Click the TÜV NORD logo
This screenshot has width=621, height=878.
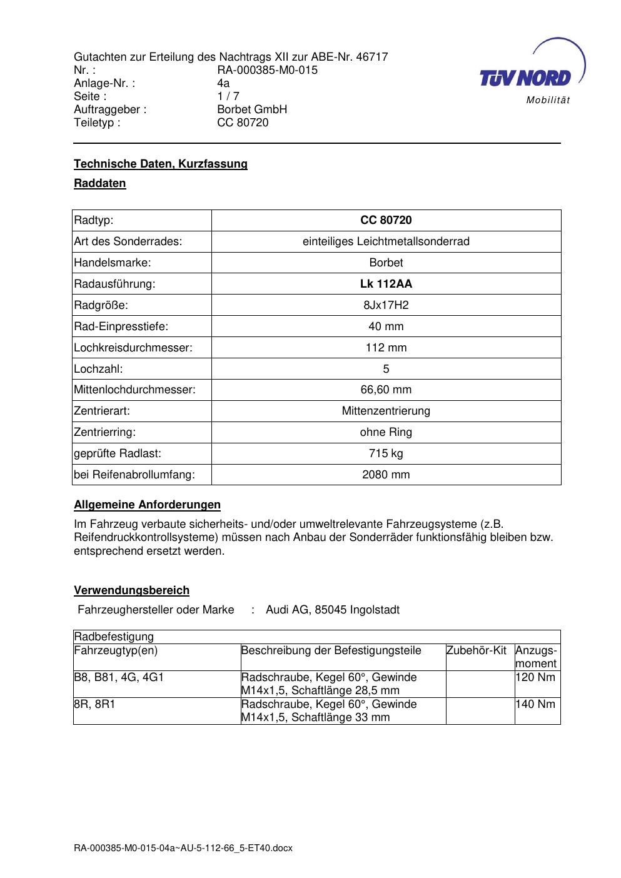coord(525,77)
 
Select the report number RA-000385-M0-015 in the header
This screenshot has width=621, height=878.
coord(267,70)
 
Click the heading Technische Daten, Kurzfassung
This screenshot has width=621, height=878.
coord(161,164)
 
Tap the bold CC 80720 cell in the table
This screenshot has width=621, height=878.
coord(386,220)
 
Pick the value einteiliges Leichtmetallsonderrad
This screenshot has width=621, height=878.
coord(386,241)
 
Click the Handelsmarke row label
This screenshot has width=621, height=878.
coord(113,263)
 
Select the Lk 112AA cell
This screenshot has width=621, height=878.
coord(386,284)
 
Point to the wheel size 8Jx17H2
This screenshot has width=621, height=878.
coord(386,305)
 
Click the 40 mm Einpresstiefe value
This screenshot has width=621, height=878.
coord(386,326)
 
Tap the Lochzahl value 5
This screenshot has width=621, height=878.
coord(386,369)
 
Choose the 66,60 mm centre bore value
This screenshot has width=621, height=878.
coord(386,390)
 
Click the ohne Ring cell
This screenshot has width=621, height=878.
coord(386,432)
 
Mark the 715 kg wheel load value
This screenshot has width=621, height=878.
coord(386,453)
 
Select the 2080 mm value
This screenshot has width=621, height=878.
coord(386,475)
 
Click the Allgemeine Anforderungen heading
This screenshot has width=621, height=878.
coord(147,505)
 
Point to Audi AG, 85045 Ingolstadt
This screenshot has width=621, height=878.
coord(333,610)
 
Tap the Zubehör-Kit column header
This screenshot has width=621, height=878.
coord(477,650)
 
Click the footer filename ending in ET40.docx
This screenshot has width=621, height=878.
coord(183,849)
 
